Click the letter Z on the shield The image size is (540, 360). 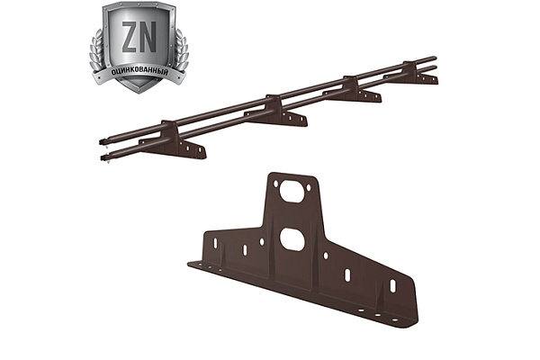(x=130, y=37)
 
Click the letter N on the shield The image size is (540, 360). (x=148, y=37)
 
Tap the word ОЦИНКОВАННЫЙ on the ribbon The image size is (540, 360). (x=139, y=72)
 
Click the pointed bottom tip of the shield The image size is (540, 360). (x=139, y=93)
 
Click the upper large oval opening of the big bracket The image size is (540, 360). (x=292, y=191)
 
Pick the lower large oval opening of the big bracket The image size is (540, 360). (x=292, y=239)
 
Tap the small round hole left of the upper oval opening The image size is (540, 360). (x=275, y=184)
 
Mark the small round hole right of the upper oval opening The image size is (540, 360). (x=309, y=188)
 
